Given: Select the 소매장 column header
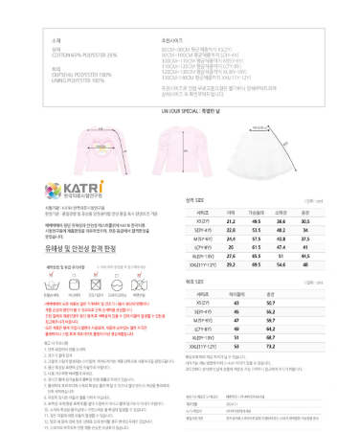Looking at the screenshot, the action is pos(281,211).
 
